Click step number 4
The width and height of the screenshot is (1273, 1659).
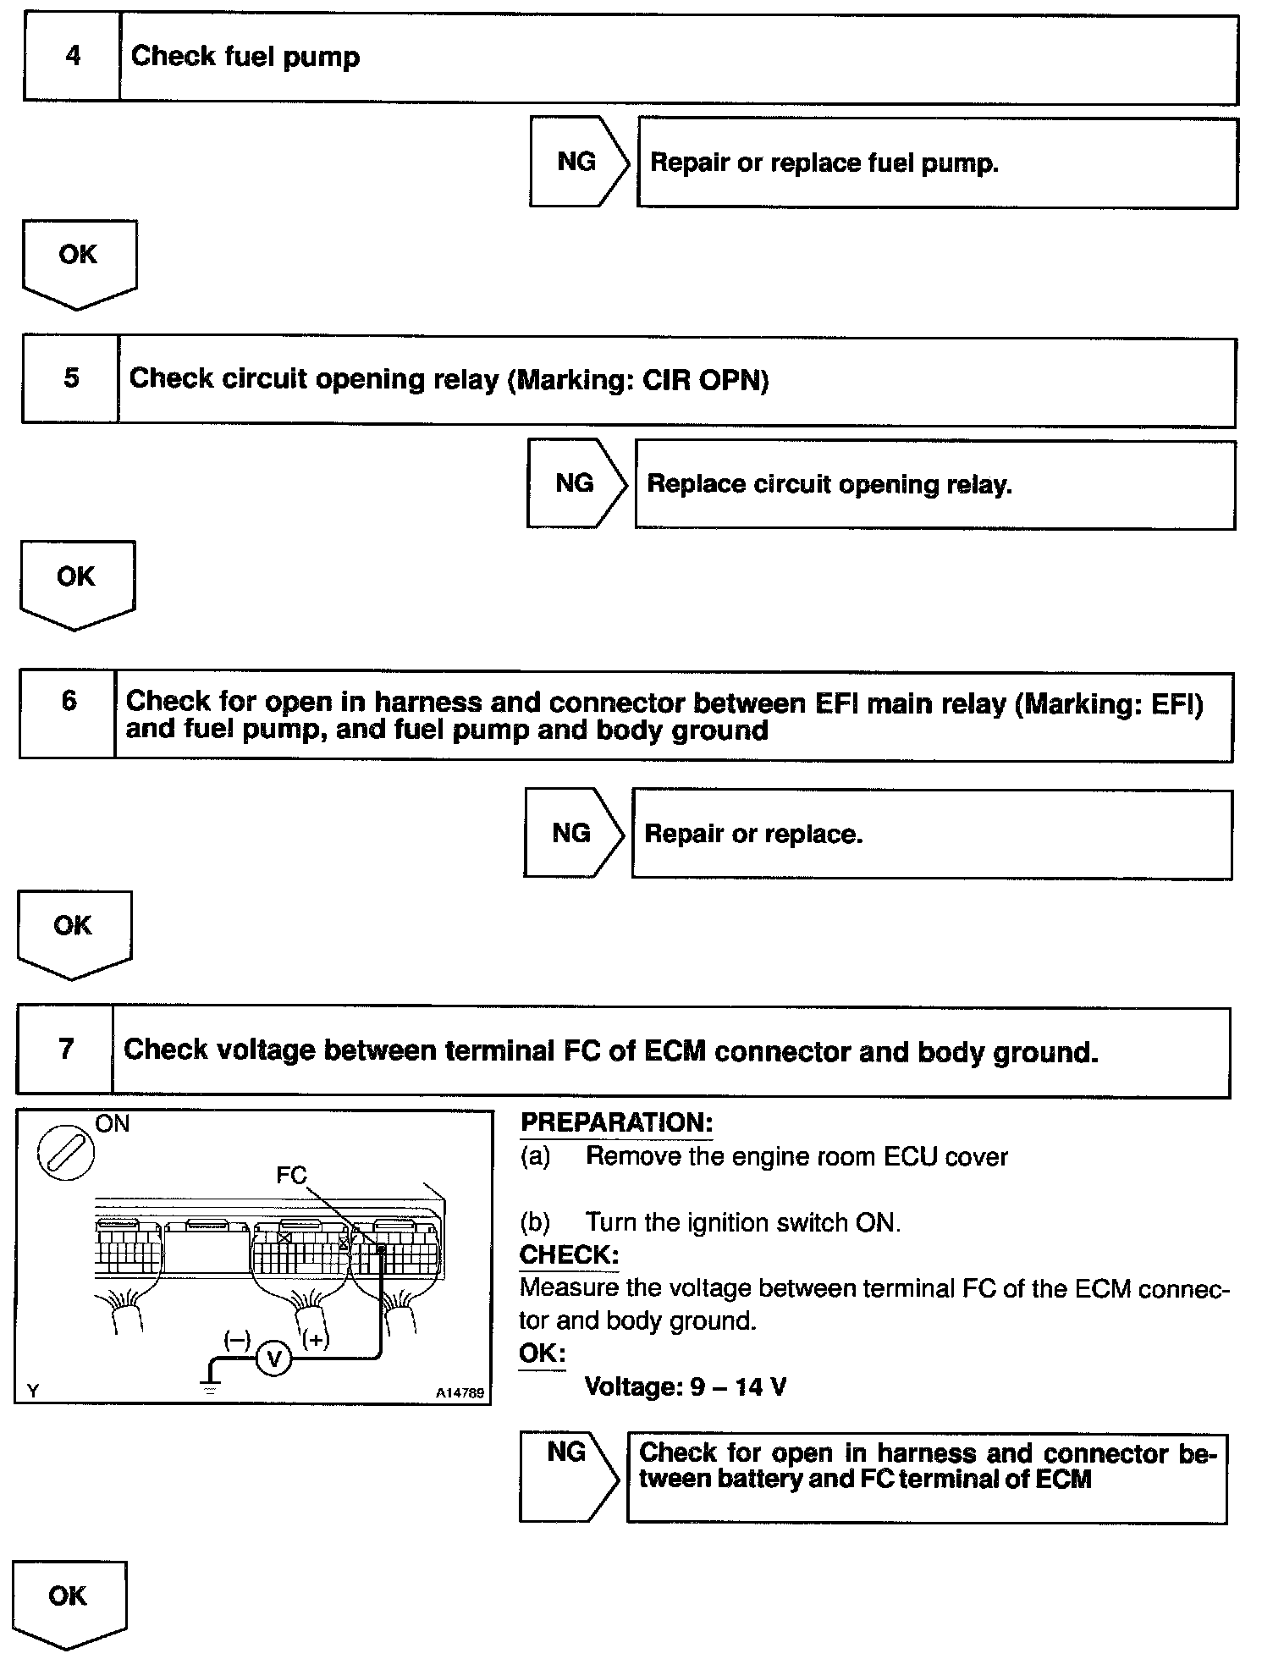tap(73, 57)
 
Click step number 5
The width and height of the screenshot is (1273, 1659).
tap(71, 378)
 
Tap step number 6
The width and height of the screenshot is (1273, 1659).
tap(69, 701)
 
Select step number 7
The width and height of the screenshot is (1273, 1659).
tap(66, 1050)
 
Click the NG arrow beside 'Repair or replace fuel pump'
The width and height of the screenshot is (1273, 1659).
tap(579, 162)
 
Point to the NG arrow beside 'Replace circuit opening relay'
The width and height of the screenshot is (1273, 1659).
tap(576, 483)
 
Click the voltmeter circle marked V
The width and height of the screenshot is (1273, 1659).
tap(273, 1359)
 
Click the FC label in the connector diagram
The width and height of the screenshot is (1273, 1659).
tap(291, 1175)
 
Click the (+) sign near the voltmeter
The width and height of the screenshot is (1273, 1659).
tap(315, 1339)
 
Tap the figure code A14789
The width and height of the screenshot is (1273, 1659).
tap(460, 1392)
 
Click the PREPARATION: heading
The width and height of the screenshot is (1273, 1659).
tap(616, 1123)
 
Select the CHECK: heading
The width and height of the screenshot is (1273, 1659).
tap(569, 1254)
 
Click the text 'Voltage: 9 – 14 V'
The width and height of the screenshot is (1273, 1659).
tap(686, 1386)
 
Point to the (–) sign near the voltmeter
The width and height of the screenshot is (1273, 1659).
tap(237, 1339)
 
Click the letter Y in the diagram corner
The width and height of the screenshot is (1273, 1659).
tap(32, 1390)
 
